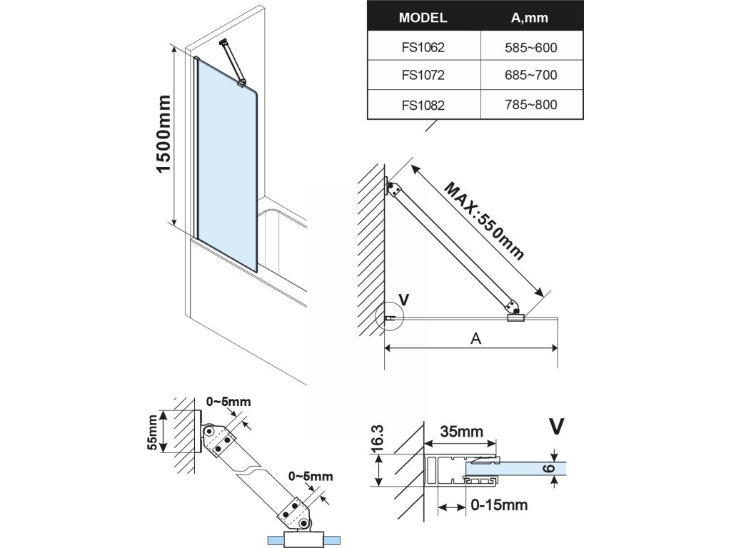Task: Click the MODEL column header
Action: click(x=423, y=17)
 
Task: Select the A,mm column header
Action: click(x=529, y=17)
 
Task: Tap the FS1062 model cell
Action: click(x=423, y=49)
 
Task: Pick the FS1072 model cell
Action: click(x=423, y=75)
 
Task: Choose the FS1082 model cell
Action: click(x=423, y=105)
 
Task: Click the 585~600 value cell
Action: click(x=529, y=49)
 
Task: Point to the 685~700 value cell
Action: click(x=529, y=75)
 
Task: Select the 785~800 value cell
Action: click(x=529, y=105)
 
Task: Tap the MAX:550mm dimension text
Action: click(x=485, y=221)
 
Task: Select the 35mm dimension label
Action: click(x=461, y=432)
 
